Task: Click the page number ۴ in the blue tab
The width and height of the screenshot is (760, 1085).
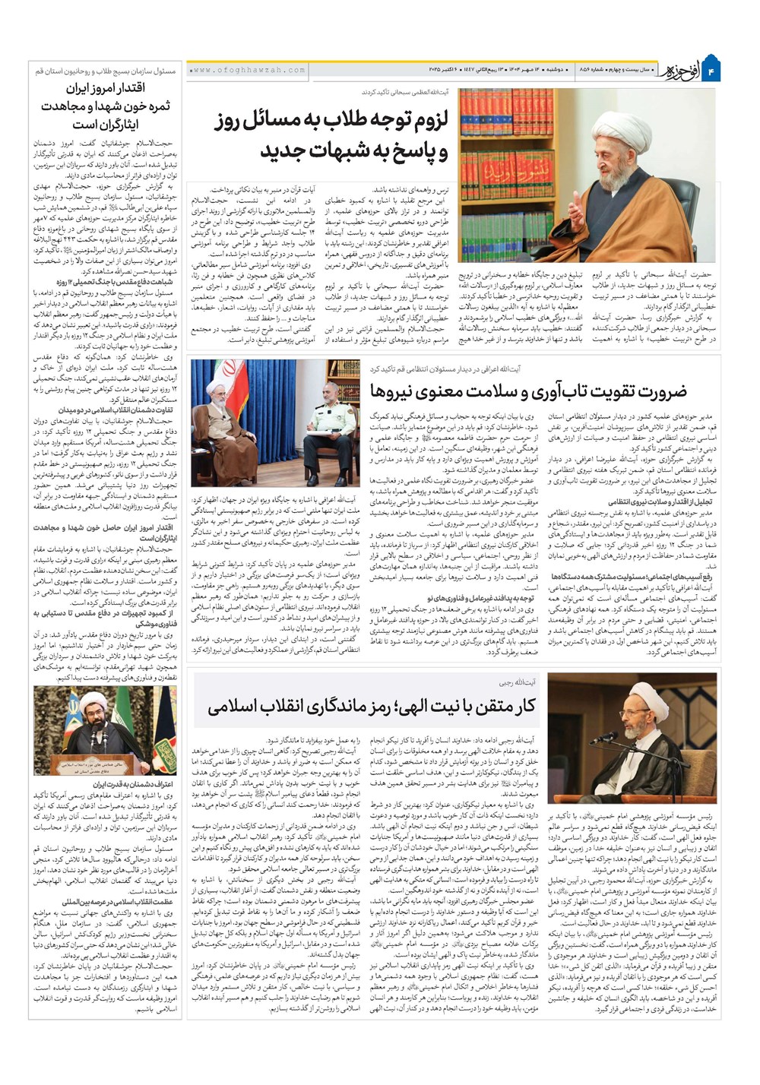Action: point(724,71)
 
